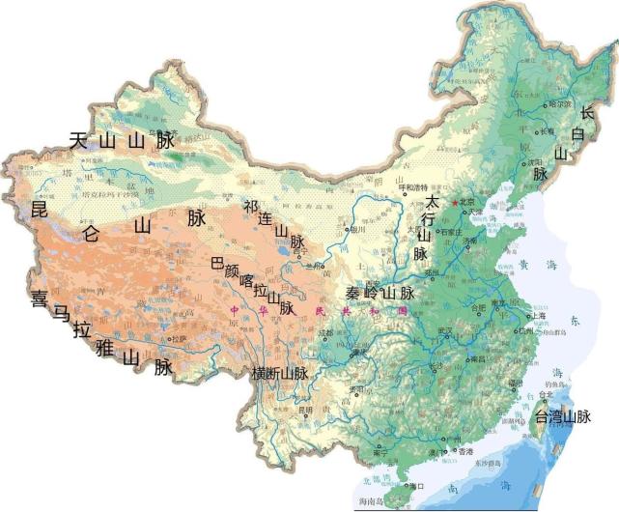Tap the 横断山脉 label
pyautogui.click(x=279, y=373)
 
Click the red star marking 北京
pyautogui.click(x=456, y=202)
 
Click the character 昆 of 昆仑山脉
pyautogui.click(x=40, y=209)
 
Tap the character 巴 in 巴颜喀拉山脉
pyautogui.click(x=217, y=262)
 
